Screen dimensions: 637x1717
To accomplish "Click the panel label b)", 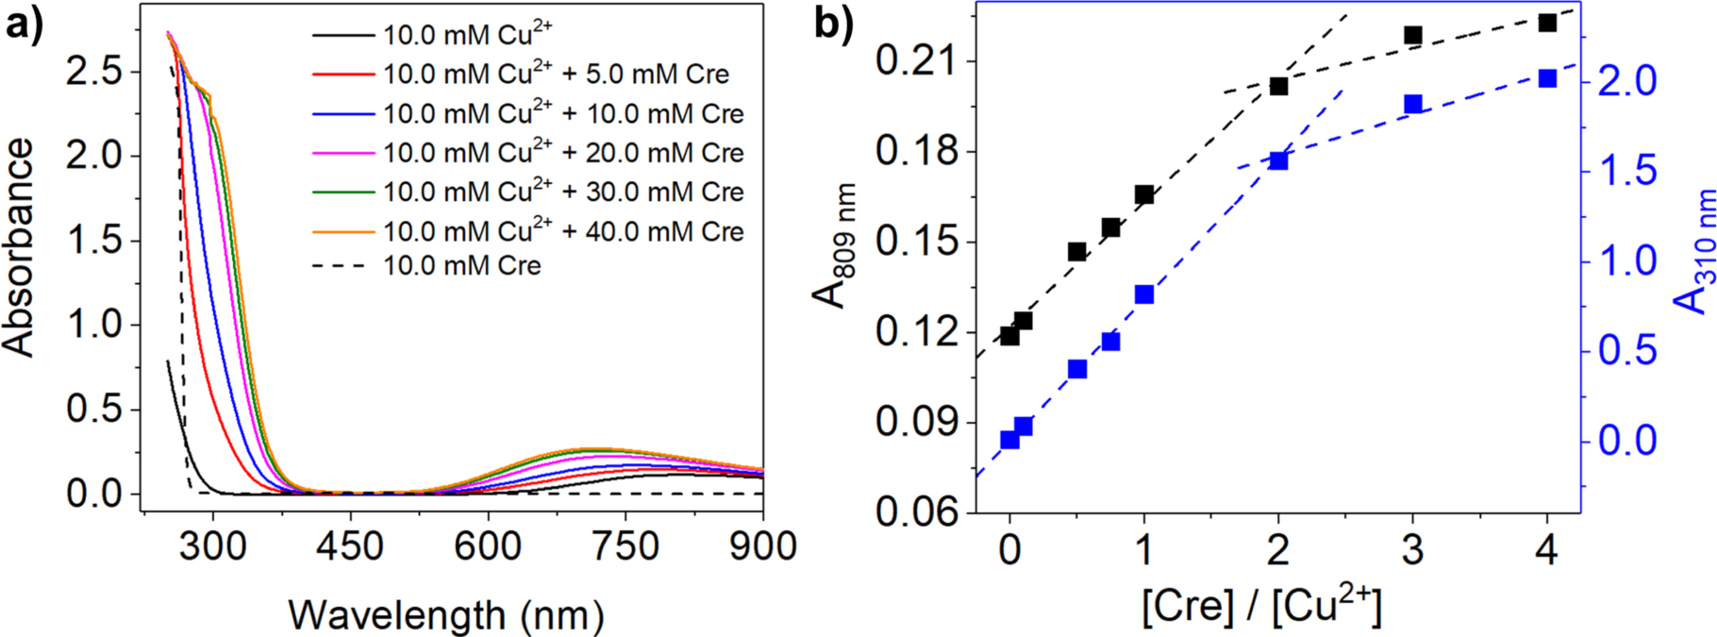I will click(x=834, y=25).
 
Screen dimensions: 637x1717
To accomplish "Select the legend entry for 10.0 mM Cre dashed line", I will click(x=461, y=266).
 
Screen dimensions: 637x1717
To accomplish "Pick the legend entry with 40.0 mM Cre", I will click(x=562, y=231).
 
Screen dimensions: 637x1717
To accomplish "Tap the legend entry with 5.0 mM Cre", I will click(x=556, y=74).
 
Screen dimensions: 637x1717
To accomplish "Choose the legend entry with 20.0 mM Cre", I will click(x=562, y=153).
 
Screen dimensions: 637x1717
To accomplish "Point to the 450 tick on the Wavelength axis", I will click(x=351, y=545).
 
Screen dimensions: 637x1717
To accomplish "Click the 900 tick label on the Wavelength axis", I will click(x=762, y=545).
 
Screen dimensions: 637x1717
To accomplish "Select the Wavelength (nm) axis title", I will click(x=445, y=615).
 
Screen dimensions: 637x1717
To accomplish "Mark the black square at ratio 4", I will click(x=1547, y=22).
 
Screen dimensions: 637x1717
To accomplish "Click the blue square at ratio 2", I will click(x=1278, y=160).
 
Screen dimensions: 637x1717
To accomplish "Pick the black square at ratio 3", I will click(x=1412, y=36).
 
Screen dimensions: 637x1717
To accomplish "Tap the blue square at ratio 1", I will click(x=1144, y=294).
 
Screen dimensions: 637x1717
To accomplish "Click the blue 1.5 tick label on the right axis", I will click(x=1625, y=172).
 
